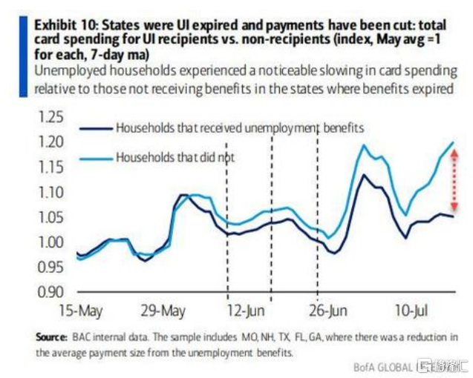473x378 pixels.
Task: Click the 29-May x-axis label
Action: click(163, 309)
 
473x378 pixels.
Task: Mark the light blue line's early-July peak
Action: click(364, 145)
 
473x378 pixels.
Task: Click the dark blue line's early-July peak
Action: click(364, 176)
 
